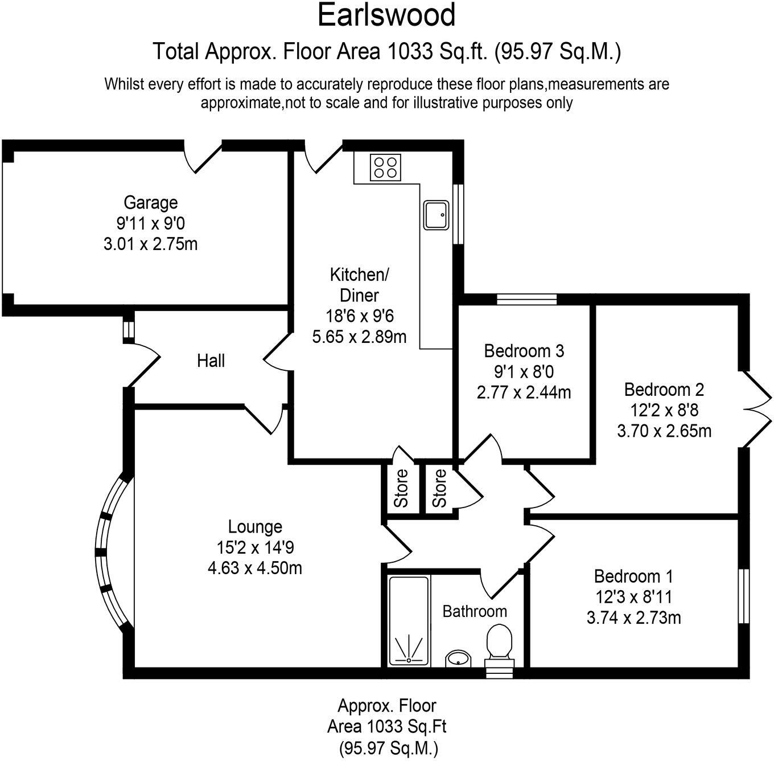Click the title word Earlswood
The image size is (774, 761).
(x=386, y=15)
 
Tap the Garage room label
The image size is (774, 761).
(x=151, y=202)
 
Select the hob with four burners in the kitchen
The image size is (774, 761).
(x=385, y=167)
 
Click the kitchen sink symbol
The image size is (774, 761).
(x=437, y=215)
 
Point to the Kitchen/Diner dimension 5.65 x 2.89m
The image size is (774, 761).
(x=359, y=337)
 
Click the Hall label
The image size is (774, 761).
(x=211, y=361)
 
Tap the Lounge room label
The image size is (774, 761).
(x=255, y=527)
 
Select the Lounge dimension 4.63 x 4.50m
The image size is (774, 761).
(x=255, y=568)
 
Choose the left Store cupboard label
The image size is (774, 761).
(x=402, y=488)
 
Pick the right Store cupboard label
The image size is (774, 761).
(x=439, y=488)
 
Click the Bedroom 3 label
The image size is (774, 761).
(x=524, y=351)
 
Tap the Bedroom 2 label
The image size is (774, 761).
(x=664, y=390)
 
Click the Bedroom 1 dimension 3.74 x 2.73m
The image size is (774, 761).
(x=633, y=617)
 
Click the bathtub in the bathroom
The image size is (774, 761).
(x=409, y=620)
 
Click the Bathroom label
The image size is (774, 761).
(x=475, y=611)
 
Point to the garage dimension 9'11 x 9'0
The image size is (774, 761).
(x=151, y=223)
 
